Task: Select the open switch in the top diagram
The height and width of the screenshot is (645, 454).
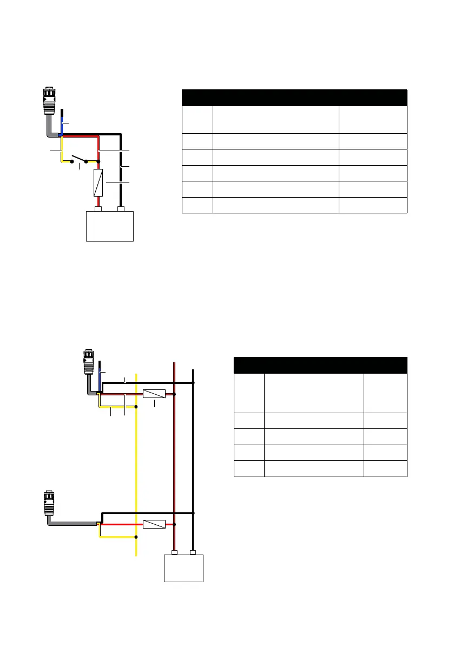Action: [x=79, y=160]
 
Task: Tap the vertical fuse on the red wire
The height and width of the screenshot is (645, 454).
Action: [x=98, y=183]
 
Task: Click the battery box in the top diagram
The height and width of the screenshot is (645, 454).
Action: [x=110, y=226]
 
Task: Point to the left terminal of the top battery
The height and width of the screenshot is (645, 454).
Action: [x=98, y=209]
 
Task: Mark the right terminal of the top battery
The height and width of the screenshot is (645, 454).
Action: [x=121, y=209]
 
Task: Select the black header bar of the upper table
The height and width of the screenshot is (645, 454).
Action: [x=294, y=97]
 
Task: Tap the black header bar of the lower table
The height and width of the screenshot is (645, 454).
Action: [x=320, y=364]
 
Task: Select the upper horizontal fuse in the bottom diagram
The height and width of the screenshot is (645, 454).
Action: [x=154, y=394]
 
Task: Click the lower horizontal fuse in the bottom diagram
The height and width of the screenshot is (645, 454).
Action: [x=154, y=524]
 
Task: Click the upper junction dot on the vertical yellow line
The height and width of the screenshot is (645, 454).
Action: [x=136, y=406]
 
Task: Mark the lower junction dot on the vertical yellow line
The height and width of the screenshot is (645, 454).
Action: [x=136, y=537]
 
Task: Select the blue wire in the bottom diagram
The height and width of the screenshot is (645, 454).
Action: [x=100, y=379]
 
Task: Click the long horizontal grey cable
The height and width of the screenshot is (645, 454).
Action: [x=73, y=524]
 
